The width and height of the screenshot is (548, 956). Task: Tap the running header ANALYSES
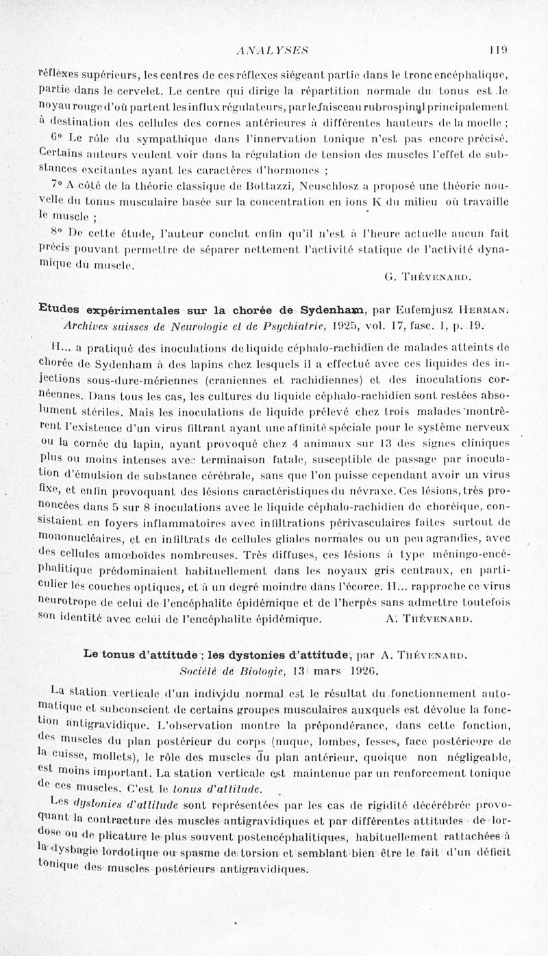[273, 49]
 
